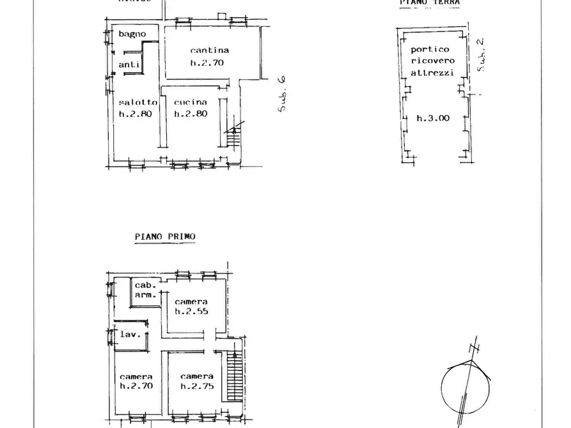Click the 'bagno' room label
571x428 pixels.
pos(132,34)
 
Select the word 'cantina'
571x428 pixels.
pos(209,50)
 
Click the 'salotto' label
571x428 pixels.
pos(137,102)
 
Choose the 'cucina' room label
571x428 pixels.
pos(191,102)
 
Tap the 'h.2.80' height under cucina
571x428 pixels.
pos(191,114)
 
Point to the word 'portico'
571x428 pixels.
pos(430,49)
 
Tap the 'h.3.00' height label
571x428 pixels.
pos(433,118)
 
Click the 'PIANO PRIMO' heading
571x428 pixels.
pos(165,236)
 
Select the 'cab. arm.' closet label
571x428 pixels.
pos(145,290)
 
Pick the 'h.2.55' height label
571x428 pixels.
pos(192,312)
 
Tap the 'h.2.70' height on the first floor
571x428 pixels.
pos(136,386)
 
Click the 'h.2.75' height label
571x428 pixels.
pos(196,386)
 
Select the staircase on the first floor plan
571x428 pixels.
pos(235,377)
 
